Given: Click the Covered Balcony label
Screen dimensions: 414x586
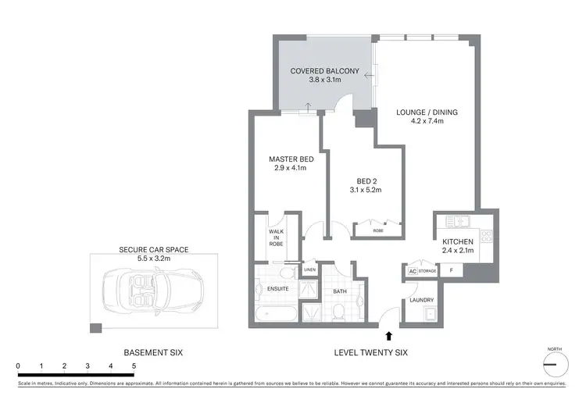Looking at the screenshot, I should tap(324, 71).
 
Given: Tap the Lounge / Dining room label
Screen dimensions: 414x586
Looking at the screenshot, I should tap(427, 112).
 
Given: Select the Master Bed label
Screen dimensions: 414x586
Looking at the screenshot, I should tap(290, 158).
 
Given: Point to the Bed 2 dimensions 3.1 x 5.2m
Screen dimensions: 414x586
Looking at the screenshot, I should tap(366, 191).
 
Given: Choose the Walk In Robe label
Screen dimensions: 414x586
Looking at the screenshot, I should tap(276, 238).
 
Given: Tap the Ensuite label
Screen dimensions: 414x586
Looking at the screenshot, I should tap(277, 289).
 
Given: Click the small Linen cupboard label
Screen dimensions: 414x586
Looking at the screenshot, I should tap(309, 270).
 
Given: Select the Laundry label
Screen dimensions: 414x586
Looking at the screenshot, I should tap(421, 300).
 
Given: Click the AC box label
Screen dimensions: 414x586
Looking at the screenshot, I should tap(411, 272).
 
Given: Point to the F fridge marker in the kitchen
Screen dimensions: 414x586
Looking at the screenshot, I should tap(451, 270).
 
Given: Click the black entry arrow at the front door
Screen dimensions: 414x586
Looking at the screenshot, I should tap(388, 336).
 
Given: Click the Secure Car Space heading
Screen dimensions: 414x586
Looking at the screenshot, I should tap(154, 250).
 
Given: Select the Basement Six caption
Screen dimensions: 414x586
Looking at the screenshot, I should tap(153, 353).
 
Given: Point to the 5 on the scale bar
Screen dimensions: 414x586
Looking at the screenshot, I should tap(134, 366).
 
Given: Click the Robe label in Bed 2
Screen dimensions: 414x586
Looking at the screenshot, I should tap(378, 231).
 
